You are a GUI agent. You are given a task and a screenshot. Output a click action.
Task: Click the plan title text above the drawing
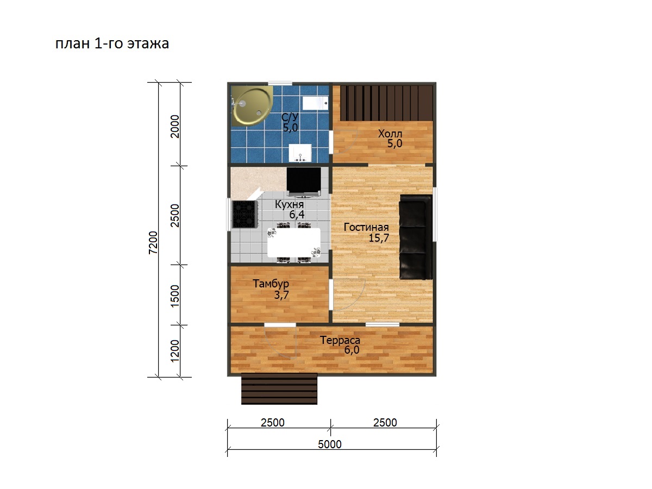coord(112,43)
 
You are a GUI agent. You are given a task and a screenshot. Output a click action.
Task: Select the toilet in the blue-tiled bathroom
coord(315,103)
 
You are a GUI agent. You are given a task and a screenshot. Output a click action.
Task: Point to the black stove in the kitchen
coord(244,214)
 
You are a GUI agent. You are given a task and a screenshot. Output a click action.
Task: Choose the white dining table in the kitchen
coord(294,242)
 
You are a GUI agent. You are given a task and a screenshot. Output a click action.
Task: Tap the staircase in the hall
coord(386,103)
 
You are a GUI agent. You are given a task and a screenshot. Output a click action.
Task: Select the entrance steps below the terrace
coord(279,388)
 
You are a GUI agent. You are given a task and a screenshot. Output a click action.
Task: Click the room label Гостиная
coord(366,228)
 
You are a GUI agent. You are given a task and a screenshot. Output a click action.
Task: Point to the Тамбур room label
coord(271,284)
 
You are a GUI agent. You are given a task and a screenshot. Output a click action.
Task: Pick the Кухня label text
coord(289,205)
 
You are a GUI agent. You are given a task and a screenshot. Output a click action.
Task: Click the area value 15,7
coord(379,238)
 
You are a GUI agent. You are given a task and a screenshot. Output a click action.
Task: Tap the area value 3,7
coord(281,296)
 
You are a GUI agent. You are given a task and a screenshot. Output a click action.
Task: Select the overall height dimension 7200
coord(153,242)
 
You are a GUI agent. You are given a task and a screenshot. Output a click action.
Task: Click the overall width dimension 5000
coord(330,444)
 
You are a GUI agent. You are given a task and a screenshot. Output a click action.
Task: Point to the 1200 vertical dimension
coord(175,351)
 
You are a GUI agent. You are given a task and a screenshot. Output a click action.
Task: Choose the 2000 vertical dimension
coord(175,127)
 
